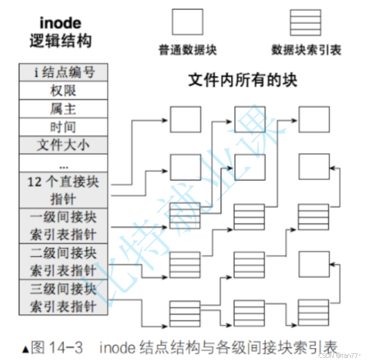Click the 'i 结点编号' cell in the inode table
click(x=63, y=72)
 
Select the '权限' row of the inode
click(x=63, y=90)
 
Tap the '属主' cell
click(x=63, y=109)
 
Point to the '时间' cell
click(x=63, y=127)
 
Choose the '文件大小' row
click(x=63, y=145)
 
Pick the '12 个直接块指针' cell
click(x=63, y=190)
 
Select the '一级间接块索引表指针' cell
click(x=63, y=225)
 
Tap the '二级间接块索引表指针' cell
click(x=63, y=261)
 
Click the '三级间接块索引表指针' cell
click(x=63, y=297)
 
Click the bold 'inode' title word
click(x=61, y=23)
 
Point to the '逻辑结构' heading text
click(x=61, y=41)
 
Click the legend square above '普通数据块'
click(x=187, y=23)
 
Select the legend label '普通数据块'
click(x=187, y=50)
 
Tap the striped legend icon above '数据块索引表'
click(x=306, y=23)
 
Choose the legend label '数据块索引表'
click(x=306, y=50)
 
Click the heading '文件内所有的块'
click(x=243, y=81)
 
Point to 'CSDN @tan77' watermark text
click(x=340, y=355)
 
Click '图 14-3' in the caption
click(x=57, y=348)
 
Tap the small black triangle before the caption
click(x=25, y=349)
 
